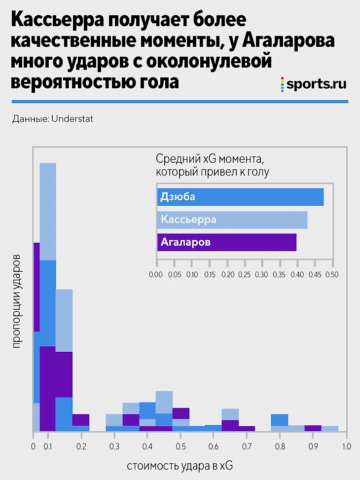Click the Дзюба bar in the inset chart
tap(240, 197)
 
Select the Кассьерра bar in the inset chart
tap(232, 220)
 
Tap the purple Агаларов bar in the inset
tap(226, 243)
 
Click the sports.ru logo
tap(313, 84)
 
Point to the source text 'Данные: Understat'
tap(53, 119)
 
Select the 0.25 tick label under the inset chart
tap(244, 274)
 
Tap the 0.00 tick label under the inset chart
tap(155, 274)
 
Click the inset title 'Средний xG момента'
tap(210, 159)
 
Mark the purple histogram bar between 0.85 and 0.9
tap(313, 428)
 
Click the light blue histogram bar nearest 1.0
tap(330, 428)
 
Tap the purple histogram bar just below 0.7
tap(247, 428)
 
